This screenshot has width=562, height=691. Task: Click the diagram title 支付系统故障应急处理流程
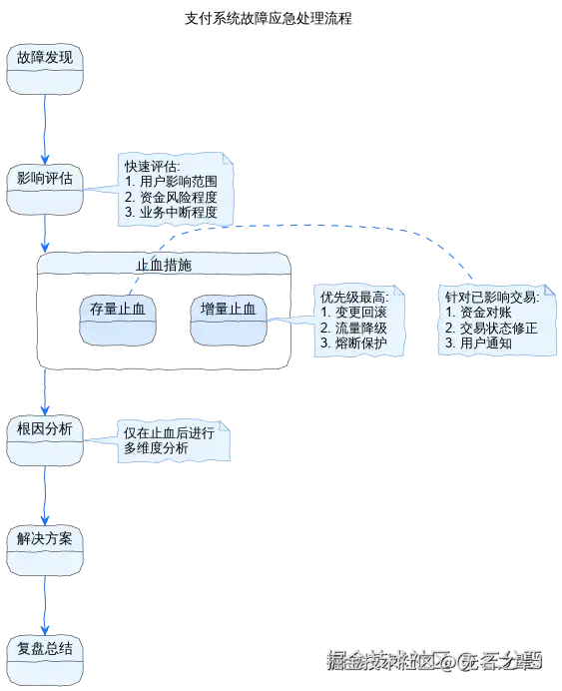point(269,19)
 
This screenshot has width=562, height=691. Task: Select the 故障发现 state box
point(45,69)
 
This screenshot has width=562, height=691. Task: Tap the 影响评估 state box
point(45,190)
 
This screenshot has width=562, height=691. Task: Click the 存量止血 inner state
point(118,320)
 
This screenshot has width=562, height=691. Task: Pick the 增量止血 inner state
point(229,320)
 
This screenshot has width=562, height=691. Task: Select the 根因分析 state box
point(45,440)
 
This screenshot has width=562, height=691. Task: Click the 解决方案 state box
point(45,550)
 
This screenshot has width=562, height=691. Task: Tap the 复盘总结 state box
point(45,660)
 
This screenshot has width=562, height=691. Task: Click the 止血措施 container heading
point(164,265)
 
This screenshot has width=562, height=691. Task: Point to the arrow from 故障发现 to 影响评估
point(45,130)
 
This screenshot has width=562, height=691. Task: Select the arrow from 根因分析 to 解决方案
point(45,495)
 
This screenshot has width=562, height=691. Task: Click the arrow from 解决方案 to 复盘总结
point(45,606)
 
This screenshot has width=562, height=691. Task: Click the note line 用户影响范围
point(179,181)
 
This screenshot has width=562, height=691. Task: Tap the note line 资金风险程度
point(179,197)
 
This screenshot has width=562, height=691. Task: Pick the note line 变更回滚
point(361,312)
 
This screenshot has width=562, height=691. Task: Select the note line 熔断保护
point(361,343)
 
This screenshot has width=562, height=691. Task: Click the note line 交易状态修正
point(499,328)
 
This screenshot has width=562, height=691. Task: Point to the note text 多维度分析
point(156,448)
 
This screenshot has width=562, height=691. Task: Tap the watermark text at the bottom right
point(434,660)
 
